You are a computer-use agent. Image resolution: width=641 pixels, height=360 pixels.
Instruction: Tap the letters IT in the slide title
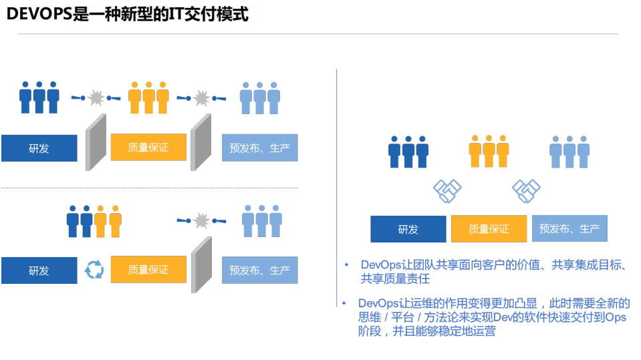[x=146, y=13]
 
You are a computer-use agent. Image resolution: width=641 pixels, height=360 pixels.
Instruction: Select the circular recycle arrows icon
[x=94, y=270]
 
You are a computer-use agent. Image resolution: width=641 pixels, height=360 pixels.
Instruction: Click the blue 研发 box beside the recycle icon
[x=39, y=271]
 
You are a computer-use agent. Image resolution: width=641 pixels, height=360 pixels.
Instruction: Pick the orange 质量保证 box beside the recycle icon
[x=148, y=270]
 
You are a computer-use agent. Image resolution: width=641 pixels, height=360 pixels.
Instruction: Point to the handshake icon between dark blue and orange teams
[x=447, y=191]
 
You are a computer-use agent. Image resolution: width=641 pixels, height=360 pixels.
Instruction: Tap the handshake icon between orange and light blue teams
[x=526, y=191]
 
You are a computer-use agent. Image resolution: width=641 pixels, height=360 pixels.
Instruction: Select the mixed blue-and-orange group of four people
[x=94, y=221]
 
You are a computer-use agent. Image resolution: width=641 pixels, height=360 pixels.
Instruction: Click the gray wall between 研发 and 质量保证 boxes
[x=96, y=141]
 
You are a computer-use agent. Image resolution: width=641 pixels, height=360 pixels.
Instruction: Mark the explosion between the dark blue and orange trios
[x=96, y=98]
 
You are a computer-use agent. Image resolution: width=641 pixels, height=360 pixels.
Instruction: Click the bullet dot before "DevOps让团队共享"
[x=346, y=265]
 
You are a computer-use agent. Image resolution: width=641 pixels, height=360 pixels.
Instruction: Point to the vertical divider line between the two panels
[x=336, y=187]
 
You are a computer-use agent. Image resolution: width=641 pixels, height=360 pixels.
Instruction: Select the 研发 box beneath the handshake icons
[x=408, y=229]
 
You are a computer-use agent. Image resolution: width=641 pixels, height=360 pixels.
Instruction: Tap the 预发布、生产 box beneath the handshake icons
[x=569, y=228]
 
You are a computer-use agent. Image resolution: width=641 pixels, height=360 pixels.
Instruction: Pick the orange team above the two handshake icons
[x=489, y=151]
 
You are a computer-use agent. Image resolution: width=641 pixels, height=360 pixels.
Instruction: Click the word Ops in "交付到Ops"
[x=615, y=317]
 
